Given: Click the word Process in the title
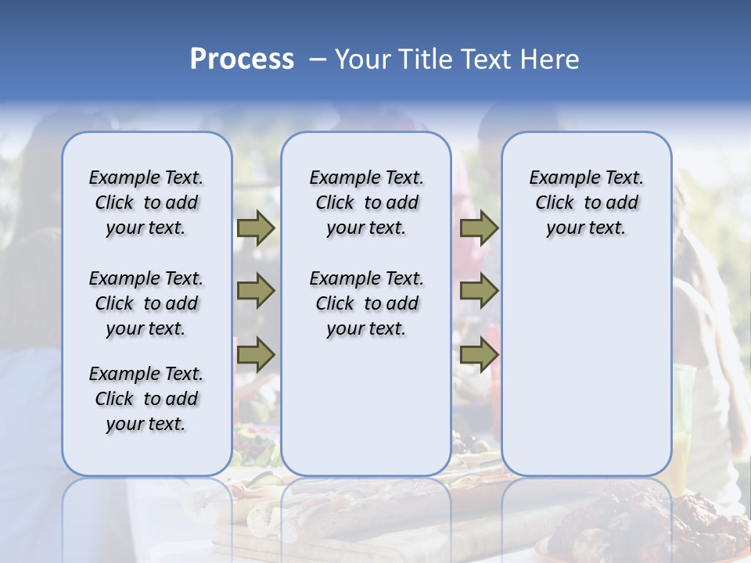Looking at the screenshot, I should (242, 59).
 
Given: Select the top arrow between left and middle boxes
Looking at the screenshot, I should (256, 228).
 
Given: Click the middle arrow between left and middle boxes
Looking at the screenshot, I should (256, 291).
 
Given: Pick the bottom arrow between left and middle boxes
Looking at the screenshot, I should (256, 354).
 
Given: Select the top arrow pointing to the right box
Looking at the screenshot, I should (479, 228).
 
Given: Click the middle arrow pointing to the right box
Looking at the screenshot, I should (479, 291).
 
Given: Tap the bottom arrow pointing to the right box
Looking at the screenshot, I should (479, 354).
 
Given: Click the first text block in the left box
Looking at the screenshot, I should (146, 203).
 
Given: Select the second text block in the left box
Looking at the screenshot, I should (146, 303).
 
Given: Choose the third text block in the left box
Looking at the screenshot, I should (146, 399).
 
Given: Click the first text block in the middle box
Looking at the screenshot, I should (367, 203).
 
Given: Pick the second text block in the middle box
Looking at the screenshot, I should (367, 303).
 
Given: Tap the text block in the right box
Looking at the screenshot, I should (587, 203).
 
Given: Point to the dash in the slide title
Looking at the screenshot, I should (318, 59).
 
